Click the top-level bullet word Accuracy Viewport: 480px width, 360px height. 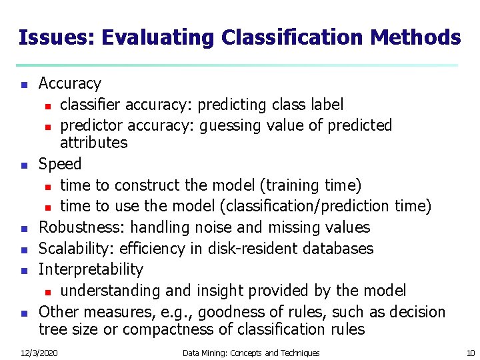coord(70,84)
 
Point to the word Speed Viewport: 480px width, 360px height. coord(60,164)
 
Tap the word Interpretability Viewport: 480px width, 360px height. coord(91,270)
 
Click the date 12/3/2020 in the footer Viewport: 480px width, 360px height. coord(38,353)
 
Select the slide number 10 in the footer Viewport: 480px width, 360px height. coord(471,353)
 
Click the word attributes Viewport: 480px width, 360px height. coord(93,143)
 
